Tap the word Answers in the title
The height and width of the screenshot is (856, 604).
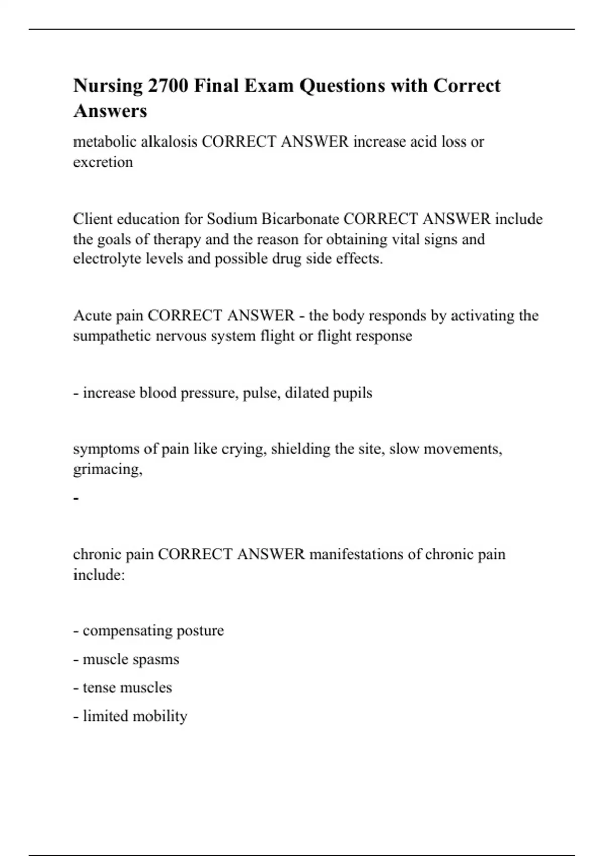110,111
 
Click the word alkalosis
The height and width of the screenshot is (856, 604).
169,141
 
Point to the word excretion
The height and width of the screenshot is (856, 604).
103,162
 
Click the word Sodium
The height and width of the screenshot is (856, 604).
232,219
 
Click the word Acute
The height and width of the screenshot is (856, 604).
93,316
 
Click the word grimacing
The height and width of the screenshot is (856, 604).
108,469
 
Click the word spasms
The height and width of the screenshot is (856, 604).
157,659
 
